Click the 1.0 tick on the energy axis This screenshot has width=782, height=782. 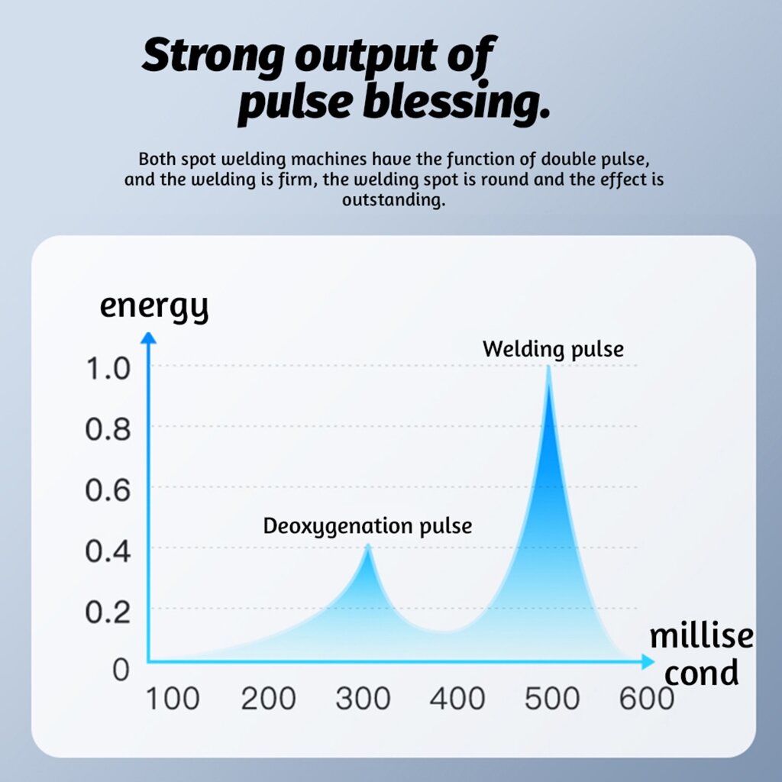[108, 370]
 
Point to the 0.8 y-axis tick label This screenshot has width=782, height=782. [108, 430]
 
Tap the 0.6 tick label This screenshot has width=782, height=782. [108, 490]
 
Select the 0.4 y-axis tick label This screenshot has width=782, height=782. [108, 551]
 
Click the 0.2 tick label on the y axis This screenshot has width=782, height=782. [108, 611]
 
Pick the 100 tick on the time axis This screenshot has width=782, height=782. [173, 698]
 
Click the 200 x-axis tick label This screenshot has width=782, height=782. [268, 698]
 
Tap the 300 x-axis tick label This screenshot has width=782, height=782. [362, 698]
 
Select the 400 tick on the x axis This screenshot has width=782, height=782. [457, 698]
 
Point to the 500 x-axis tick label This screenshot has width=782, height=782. [551, 698]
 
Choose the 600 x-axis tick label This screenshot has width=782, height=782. [646, 698]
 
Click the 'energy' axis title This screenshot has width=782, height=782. [153, 307]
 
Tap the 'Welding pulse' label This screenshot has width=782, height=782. [553, 350]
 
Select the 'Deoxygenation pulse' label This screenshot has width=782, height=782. [367, 526]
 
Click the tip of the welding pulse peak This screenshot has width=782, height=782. [548, 367]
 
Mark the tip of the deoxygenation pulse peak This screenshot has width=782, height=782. [368, 544]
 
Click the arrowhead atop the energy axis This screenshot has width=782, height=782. [150, 337]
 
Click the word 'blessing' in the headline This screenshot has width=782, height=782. [456, 102]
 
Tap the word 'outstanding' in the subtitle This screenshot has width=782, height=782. [393, 202]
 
